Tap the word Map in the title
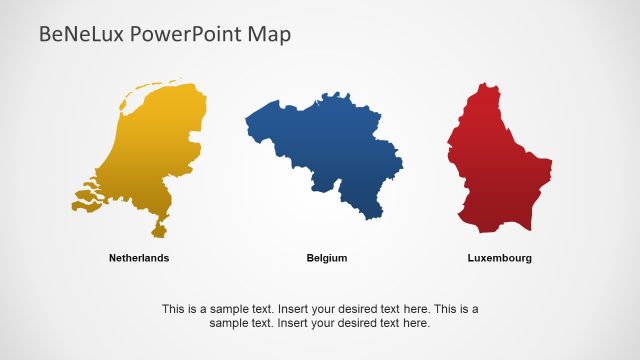tap(271, 35)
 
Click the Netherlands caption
tap(139, 258)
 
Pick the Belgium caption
tap(327, 258)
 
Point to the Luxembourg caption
tap(500, 258)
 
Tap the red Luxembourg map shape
tap(495, 160)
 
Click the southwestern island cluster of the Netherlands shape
tap(88, 198)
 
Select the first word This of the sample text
tap(173, 309)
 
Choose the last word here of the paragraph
tap(415, 323)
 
